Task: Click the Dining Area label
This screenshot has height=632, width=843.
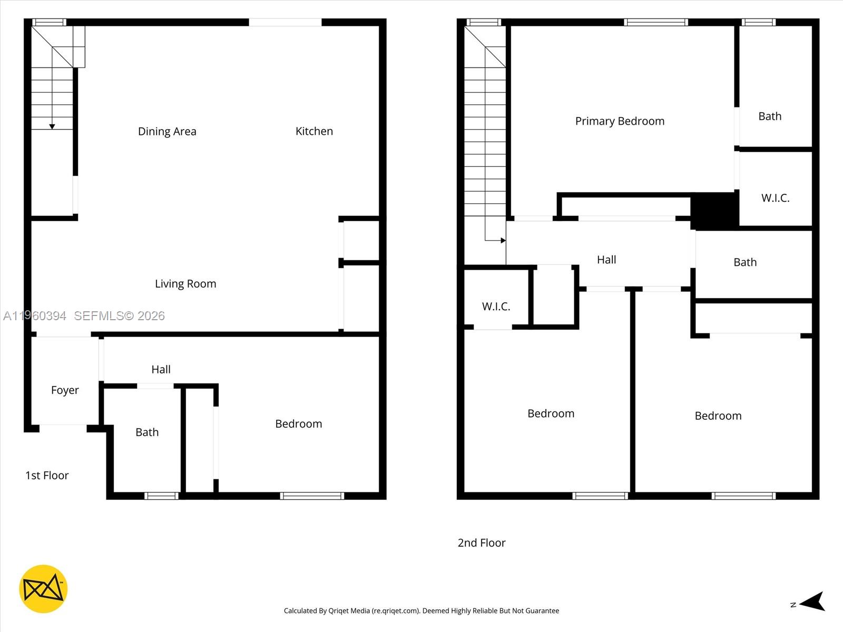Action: (x=167, y=131)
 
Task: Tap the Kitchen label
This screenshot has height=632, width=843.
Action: (x=314, y=131)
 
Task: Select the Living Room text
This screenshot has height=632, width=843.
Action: (x=185, y=284)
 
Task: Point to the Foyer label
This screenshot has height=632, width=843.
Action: (x=65, y=390)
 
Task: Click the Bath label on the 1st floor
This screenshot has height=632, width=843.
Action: (x=147, y=432)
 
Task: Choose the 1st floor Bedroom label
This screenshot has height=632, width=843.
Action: (x=298, y=424)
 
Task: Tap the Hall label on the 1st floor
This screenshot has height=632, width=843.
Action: (x=161, y=370)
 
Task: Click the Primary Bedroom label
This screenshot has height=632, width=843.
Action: (x=620, y=121)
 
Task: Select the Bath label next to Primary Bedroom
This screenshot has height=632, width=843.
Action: (x=770, y=116)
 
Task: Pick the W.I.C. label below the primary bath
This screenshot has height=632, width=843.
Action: (x=775, y=199)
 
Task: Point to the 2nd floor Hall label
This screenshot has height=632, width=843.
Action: (x=606, y=260)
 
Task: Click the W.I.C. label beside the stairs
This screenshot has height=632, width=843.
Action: (x=496, y=307)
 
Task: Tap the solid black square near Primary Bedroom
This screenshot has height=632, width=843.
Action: (x=714, y=210)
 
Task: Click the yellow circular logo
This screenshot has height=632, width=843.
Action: (x=43, y=589)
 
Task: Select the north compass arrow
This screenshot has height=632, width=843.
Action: (x=812, y=601)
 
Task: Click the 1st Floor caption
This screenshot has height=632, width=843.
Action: (x=47, y=476)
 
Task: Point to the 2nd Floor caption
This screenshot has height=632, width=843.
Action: (x=482, y=543)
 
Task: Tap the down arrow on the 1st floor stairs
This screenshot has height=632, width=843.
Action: (x=52, y=126)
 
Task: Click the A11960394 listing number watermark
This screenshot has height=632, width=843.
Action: (x=35, y=316)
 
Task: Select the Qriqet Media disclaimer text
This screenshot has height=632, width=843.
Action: (x=421, y=611)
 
